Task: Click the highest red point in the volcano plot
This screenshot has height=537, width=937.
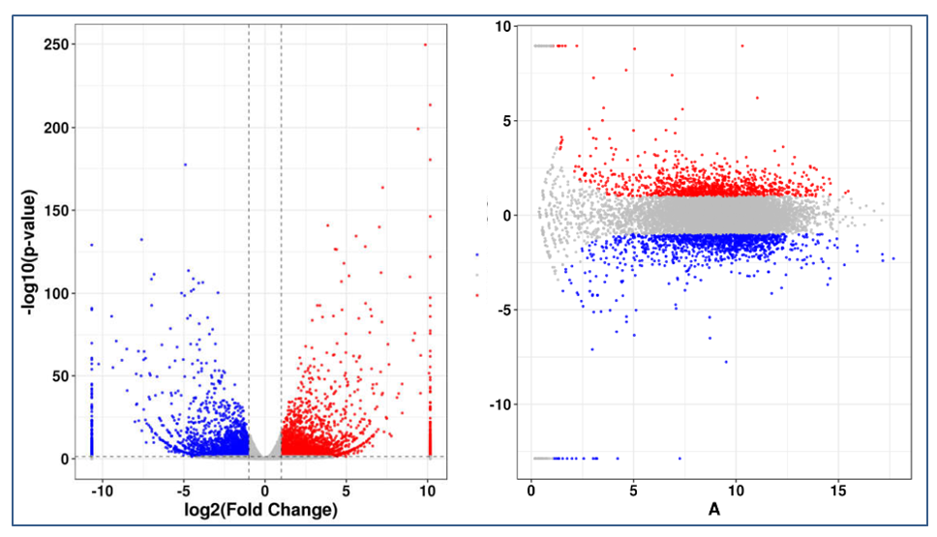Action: point(425,45)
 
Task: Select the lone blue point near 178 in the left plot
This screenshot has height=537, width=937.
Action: point(184,164)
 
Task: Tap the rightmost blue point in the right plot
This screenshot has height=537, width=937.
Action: point(892,258)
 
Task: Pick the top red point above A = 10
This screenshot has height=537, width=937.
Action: point(741,45)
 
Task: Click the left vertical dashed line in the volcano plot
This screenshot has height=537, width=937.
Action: point(249,242)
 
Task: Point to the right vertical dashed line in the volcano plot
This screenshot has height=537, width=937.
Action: point(281,242)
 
